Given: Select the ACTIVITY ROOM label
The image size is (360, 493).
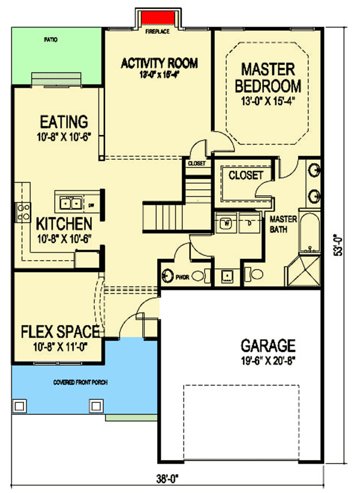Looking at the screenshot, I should [159, 63].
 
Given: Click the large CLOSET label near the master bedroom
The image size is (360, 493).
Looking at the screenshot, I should [246, 175].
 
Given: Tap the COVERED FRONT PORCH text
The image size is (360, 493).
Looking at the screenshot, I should [76, 382].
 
